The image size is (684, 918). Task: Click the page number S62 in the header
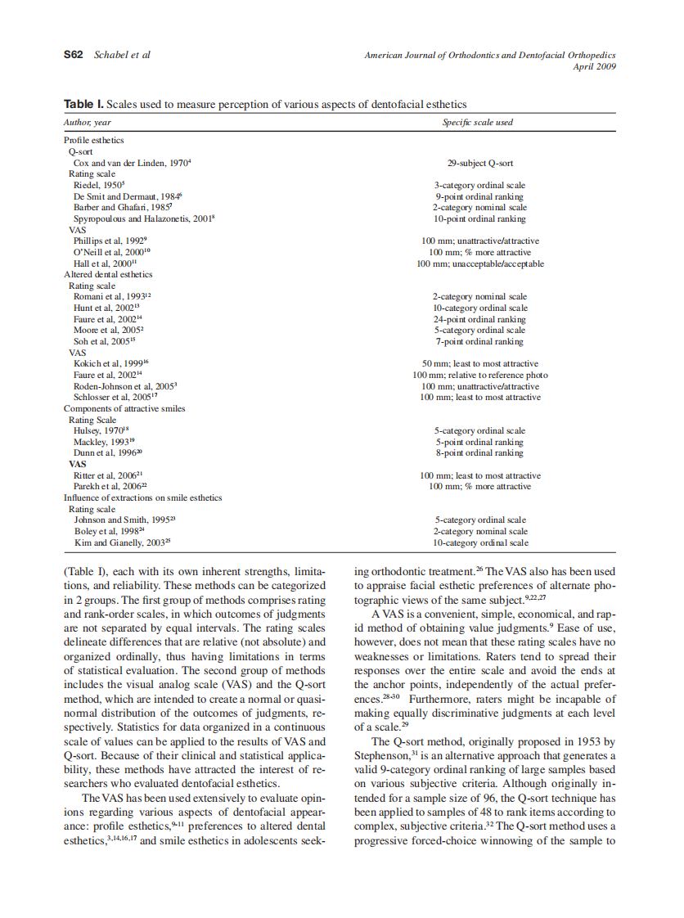click(74, 55)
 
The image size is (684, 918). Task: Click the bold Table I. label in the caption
click(84, 105)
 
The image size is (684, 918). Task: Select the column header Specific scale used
click(478, 122)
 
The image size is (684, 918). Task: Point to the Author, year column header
click(88, 122)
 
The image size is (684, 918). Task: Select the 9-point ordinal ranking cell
click(479, 196)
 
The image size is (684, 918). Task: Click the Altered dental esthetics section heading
click(108, 275)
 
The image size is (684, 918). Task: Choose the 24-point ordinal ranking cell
click(479, 319)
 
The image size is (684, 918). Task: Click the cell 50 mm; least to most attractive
click(479, 363)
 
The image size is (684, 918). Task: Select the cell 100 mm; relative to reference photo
click(479, 375)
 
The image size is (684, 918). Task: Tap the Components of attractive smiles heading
click(124, 408)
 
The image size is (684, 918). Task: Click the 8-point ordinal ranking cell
click(479, 452)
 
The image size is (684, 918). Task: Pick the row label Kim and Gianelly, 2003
click(122, 542)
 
